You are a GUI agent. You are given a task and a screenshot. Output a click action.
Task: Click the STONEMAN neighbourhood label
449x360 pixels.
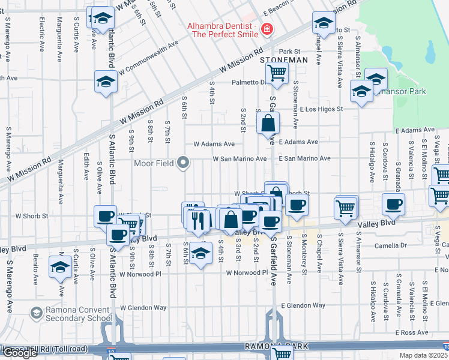[x=283, y=61]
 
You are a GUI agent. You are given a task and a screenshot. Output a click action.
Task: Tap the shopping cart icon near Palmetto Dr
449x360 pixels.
[x=277, y=73]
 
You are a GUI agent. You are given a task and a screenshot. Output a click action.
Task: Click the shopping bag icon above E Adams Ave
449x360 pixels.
[x=268, y=124]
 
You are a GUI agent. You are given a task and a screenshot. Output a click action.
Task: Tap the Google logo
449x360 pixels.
[x=20, y=353]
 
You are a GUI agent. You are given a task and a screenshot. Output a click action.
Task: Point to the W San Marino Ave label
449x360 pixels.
[x=239, y=159]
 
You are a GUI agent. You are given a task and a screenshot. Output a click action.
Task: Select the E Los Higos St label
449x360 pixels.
[x=319, y=109]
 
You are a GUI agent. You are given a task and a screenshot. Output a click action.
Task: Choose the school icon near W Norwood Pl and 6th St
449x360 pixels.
[x=201, y=254]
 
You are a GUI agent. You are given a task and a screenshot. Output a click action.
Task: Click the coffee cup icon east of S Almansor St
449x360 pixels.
[x=393, y=205]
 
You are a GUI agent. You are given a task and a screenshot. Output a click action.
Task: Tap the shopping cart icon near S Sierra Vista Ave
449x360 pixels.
[x=346, y=208]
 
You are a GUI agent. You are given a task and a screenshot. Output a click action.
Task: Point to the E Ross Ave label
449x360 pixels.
[x=411, y=332]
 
